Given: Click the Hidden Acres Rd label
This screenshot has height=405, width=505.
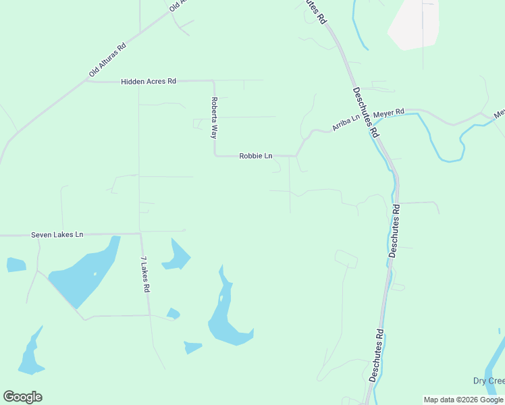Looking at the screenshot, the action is click(149, 81).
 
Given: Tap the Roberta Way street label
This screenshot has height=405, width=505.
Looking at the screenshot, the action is click(213, 117).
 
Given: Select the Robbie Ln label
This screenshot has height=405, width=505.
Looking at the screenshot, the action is click(256, 156).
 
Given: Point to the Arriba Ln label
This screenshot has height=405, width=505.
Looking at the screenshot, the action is click(346, 123).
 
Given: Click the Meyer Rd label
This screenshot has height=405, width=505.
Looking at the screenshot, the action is click(389, 112).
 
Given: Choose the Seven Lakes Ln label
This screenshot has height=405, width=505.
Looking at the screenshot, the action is click(57, 235).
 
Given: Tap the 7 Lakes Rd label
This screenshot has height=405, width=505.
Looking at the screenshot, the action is click(144, 274).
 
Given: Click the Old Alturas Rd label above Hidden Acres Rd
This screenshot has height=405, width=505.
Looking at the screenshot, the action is click(107, 61).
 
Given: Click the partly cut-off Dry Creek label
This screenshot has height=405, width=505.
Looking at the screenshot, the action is click(487, 381).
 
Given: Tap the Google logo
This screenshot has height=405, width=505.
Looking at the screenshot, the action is click(22, 397).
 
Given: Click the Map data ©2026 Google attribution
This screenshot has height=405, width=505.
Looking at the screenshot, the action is click(463, 400).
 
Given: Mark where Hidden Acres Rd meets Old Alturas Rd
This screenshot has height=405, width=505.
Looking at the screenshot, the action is click(87, 81).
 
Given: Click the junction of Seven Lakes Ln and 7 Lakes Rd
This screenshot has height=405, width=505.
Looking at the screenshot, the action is click(140, 234).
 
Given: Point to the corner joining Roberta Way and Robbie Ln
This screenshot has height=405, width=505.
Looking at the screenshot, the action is click(215, 155).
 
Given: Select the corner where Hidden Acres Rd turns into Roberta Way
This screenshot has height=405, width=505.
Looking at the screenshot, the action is click(213, 82).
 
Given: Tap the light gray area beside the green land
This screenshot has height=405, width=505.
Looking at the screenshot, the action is click(413, 24).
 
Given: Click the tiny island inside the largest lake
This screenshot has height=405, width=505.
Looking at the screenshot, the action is click(95, 273).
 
